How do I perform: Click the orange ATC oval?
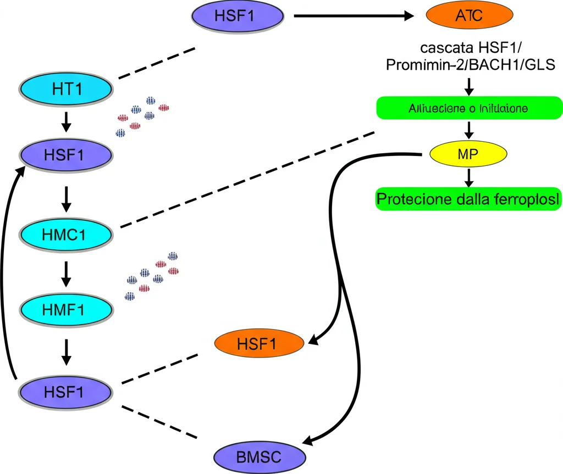click(469, 16)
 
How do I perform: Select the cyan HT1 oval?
click(67, 88)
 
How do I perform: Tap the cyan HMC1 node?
click(67, 235)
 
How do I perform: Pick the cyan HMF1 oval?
click(67, 309)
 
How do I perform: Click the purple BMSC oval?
click(260, 456)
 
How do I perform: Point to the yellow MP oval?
click(468, 154)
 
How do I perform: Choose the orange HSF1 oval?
click(259, 344)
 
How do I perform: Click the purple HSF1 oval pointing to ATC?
click(238, 16)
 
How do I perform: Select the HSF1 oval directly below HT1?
click(67, 154)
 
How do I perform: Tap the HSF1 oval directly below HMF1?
click(67, 392)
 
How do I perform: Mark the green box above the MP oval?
click(468, 108)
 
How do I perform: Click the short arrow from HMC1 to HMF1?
click(66, 273)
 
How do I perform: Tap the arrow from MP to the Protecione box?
click(468, 177)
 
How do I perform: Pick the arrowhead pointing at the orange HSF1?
click(313, 341)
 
